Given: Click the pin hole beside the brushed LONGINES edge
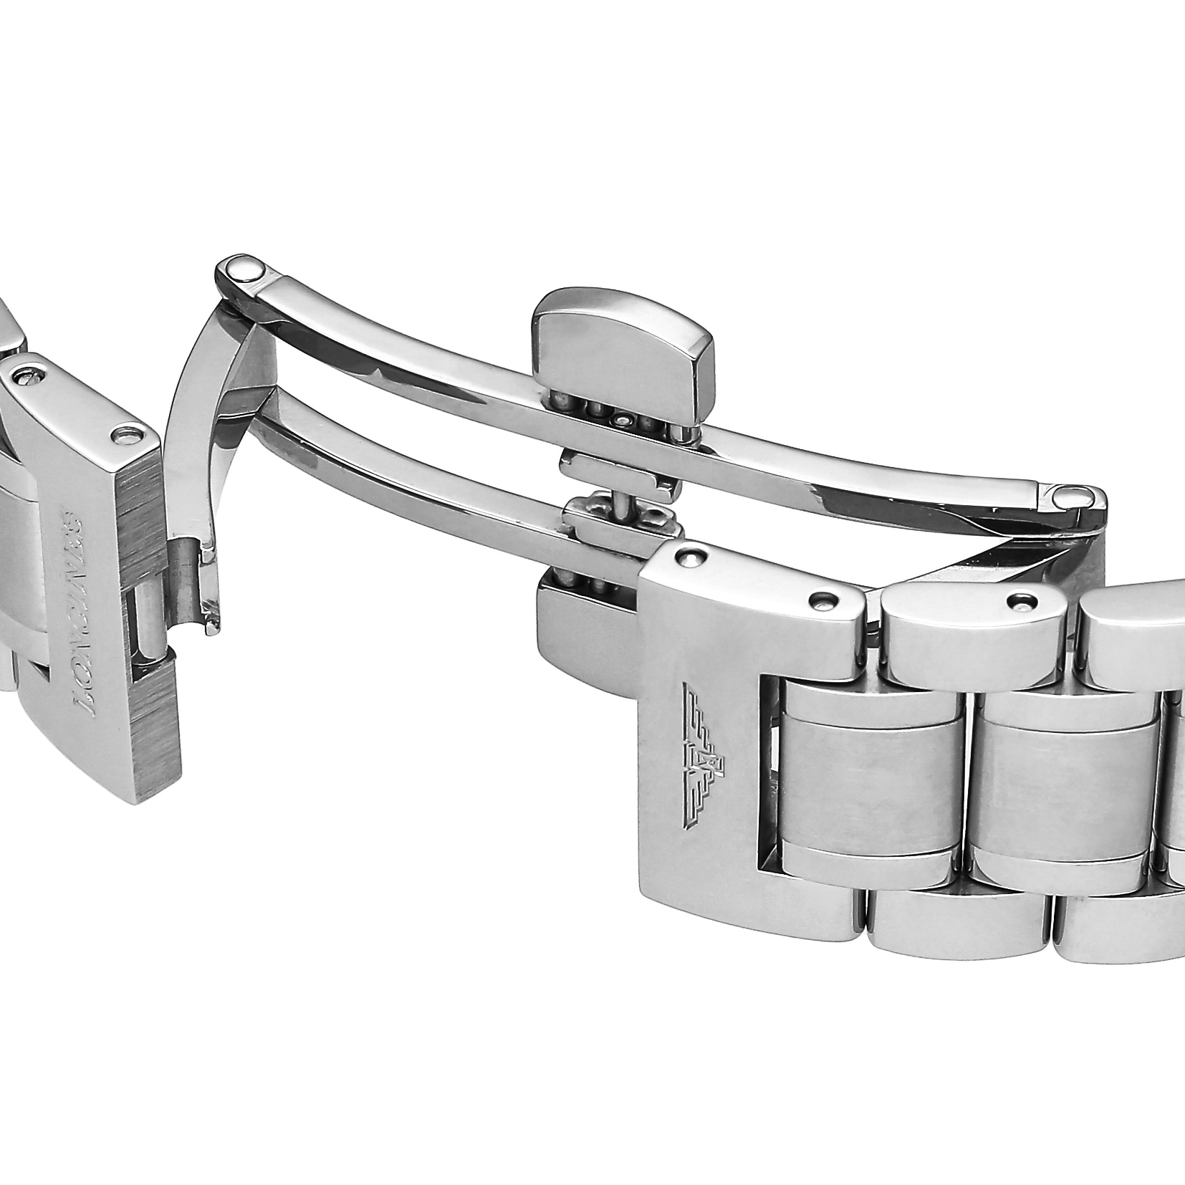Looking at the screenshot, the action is click(128, 434).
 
